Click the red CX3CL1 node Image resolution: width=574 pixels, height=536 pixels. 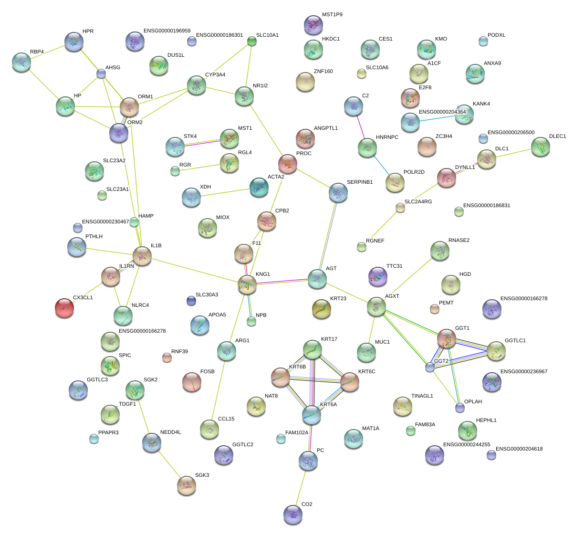point(64,308)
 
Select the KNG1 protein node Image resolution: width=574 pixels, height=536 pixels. point(247,284)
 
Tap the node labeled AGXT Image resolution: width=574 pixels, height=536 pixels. point(376,306)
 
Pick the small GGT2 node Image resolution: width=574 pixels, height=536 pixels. point(430,367)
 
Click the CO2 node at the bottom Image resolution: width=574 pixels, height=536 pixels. point(292,514)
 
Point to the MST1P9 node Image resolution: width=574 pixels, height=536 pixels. point(313,25)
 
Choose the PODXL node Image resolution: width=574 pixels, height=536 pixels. point(483,41)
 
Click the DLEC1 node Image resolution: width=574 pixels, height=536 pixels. point(541,147)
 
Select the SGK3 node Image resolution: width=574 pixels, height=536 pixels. point(186,485)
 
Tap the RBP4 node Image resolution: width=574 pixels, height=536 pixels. point(21,62)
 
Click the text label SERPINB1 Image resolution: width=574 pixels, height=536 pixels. point(360,182)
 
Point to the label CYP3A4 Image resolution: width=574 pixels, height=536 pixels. point(215,75)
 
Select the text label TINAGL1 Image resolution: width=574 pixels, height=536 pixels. point(422,396)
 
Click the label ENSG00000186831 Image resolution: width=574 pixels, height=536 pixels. point(487,206)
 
